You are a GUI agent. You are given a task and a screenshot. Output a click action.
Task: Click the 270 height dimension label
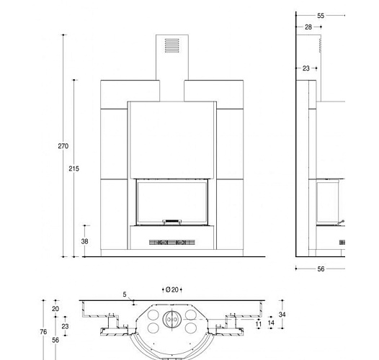63,146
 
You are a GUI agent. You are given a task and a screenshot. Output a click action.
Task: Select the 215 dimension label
73,168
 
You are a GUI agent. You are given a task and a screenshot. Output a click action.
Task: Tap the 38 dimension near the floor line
84,241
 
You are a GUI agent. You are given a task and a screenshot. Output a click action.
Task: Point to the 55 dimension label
321,16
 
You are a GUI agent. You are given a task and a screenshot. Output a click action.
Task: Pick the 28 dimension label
308,27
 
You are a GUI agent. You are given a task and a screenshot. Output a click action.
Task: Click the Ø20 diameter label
172,289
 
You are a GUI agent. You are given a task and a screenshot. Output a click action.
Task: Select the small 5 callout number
125,294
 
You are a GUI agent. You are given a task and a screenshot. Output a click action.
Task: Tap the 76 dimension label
43,332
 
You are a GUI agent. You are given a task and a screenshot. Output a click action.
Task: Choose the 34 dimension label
282,315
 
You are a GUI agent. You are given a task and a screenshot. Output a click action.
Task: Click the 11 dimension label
259,324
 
